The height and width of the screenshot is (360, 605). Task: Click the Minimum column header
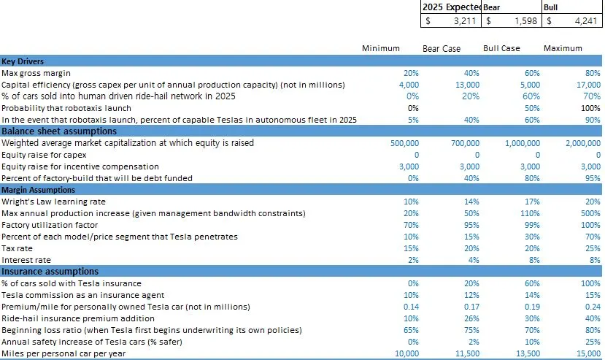pos(381,48)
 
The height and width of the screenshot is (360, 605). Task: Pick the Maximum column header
pos(563,48)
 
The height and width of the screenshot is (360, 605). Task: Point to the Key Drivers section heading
pos(23,61)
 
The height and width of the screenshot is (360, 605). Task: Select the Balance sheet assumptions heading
pos(59,131)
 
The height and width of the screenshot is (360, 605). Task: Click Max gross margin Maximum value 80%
pos(592,73)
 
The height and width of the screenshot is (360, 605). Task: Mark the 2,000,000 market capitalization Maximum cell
pos(582,143)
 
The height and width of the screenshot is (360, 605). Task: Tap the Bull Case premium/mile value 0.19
pos(531,307)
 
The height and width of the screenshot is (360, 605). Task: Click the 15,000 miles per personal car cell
pos(587,353)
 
